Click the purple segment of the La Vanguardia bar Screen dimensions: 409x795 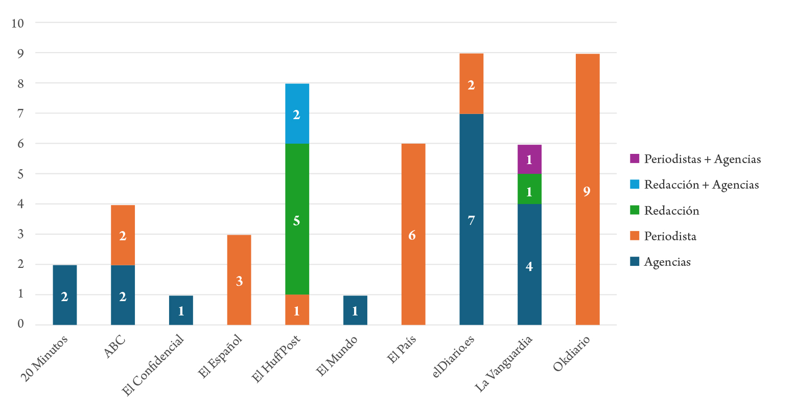(x=529, y=159)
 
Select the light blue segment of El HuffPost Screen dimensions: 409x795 (x=297, y=113)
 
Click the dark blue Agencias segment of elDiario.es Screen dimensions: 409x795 (x=471, y=219)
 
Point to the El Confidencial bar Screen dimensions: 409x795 (x=181, y=310)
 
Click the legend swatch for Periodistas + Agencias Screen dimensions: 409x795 (x=635, y=159)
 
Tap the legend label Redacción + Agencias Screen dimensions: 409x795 (x=701, y=185)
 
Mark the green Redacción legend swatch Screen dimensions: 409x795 (x=635, y=211)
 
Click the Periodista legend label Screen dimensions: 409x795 (x=670, y=236)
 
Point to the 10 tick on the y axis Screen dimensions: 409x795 (x=18, y=24)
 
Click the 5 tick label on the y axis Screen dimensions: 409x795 (x=20, y=174)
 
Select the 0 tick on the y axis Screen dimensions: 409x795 (x=20, y=324)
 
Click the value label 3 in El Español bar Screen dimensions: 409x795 (x=239, y=281)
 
